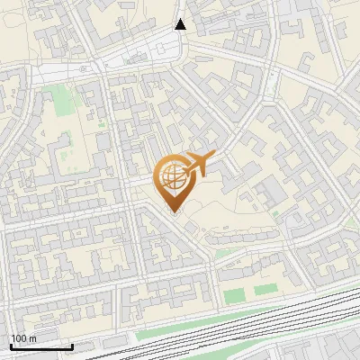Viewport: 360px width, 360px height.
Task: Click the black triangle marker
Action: tap(181, 24)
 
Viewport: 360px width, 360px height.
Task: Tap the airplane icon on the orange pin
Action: tap(196, 165)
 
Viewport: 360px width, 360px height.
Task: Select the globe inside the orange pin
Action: tap(171, 176)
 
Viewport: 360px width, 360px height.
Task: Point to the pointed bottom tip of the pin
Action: tap(174, 212)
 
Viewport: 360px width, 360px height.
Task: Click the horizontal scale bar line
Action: tap(40, 346)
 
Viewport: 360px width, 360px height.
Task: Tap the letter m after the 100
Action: tap(32, 338)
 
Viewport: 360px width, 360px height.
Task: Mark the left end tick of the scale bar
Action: tap(10, 345)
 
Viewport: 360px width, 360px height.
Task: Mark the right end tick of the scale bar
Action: tap(72, 345)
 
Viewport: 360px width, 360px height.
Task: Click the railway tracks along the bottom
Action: tap(225, 328)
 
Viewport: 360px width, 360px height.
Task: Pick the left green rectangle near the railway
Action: tap(234, 295)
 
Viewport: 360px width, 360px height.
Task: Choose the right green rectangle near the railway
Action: tap(265, 290)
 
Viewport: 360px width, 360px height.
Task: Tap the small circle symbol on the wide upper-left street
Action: tap(82, 67)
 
